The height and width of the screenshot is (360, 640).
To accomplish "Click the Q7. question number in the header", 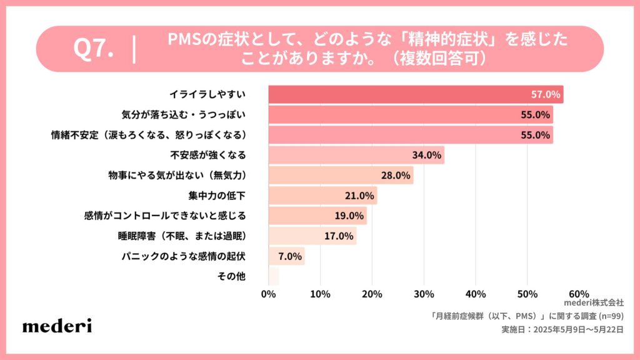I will (x=93, y=49).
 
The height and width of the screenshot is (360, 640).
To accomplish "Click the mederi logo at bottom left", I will (x=57, y=326).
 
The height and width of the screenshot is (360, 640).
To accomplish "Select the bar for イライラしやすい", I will (x=416, y=94).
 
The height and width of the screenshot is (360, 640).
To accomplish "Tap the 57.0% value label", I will (x=545, y=94).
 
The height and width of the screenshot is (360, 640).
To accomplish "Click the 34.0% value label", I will (x=427, y=155).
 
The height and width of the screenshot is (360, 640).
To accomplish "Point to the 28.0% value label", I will (x=396, y=176).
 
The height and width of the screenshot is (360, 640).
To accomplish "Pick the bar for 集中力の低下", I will (x=322, y=196).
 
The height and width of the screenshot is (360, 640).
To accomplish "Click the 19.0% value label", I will (x=349, y=216).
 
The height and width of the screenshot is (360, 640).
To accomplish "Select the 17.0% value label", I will (x=339, y=236).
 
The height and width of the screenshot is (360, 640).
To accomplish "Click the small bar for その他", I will (x=274, y=276).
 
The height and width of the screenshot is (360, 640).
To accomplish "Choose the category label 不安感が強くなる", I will (x=208, y=155).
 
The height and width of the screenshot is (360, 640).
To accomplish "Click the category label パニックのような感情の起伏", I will (x=183, y=256).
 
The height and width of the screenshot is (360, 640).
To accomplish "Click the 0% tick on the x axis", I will (x=268, y=294).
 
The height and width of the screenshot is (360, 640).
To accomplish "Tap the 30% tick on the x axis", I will (x=424, y=294).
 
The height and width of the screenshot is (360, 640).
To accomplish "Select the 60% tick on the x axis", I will (x=579, y=294).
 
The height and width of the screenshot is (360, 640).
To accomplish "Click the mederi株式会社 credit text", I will (x=589, y=302).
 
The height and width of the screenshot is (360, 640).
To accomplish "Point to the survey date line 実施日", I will (x=562, y=329).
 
